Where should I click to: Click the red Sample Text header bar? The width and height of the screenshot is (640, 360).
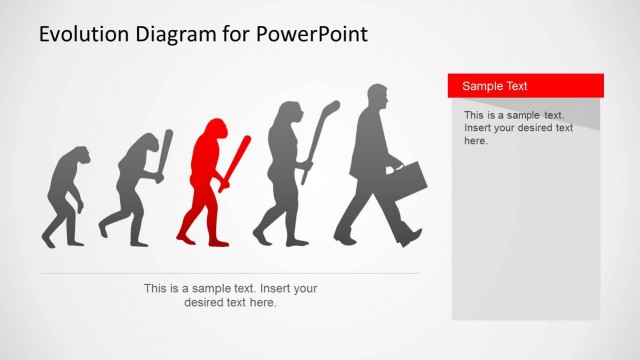point(525,86)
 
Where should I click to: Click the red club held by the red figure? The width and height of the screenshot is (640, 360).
point(237,160)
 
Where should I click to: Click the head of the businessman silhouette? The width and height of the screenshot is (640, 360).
point(378,98)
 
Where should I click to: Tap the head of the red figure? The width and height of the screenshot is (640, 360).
point(213,134)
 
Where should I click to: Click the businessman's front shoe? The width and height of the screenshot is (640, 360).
point(411,238)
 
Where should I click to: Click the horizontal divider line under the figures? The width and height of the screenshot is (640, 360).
point(230,273)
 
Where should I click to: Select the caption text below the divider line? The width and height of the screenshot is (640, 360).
point(230,295)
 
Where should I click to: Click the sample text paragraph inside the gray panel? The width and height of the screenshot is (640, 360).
point(518,128)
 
